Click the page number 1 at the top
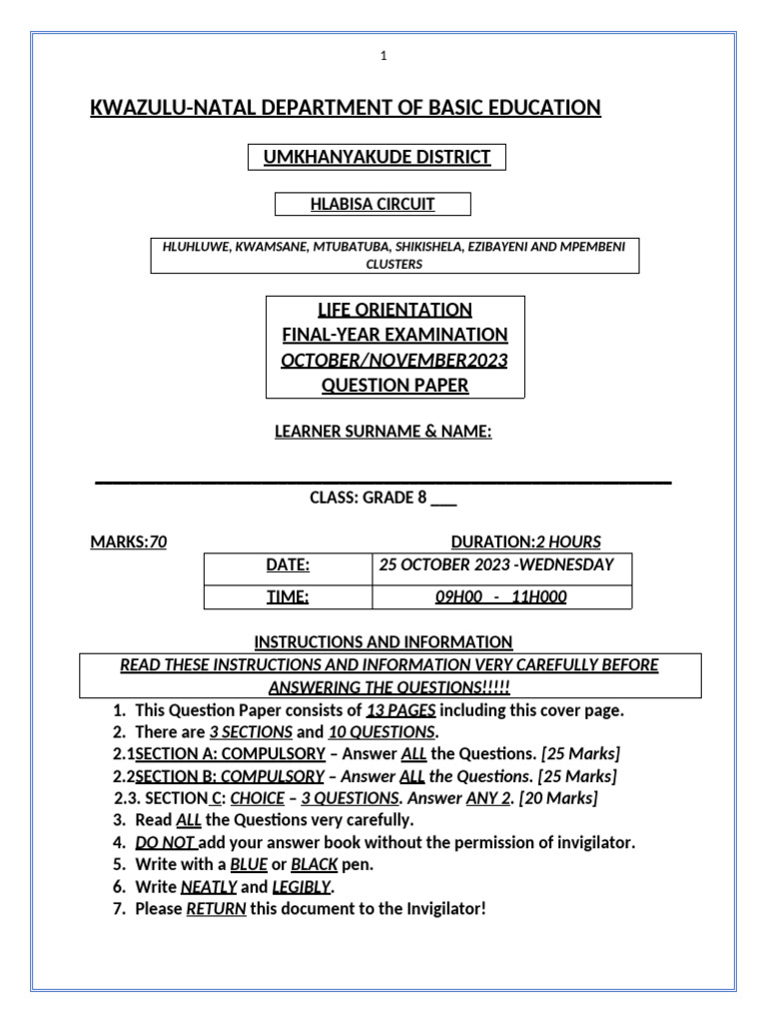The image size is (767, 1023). pyautogui.click(x=383, y=57)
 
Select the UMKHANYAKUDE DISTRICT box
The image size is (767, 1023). pyautogui.click(x=377, y=157)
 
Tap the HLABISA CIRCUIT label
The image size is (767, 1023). pyautogui.click(x=372, y=205)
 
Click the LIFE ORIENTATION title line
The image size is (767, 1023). pyautogui.click(x=393, y=309)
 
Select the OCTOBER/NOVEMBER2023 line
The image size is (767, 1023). pyautogui.click(x=393, y=361)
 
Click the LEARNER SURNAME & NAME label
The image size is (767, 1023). pyautogui.click(x=383, y=431)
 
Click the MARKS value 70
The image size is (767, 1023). pyautogui.click(x=158, y=542)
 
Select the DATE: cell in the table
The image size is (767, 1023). pyautogui.click(x=288, y=565)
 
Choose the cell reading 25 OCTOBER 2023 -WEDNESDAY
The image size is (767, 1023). pyautogui.click(x=496, y=565)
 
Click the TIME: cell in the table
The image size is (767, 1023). pyautogui.click(x=288, y=597)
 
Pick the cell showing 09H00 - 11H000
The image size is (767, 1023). pyautogui.click(x=500, y=597)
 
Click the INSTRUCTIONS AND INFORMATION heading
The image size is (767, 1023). pyautogui.click(x=383, y=642)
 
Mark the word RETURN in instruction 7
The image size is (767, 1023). pyautogui.click(x=216, y=910)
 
